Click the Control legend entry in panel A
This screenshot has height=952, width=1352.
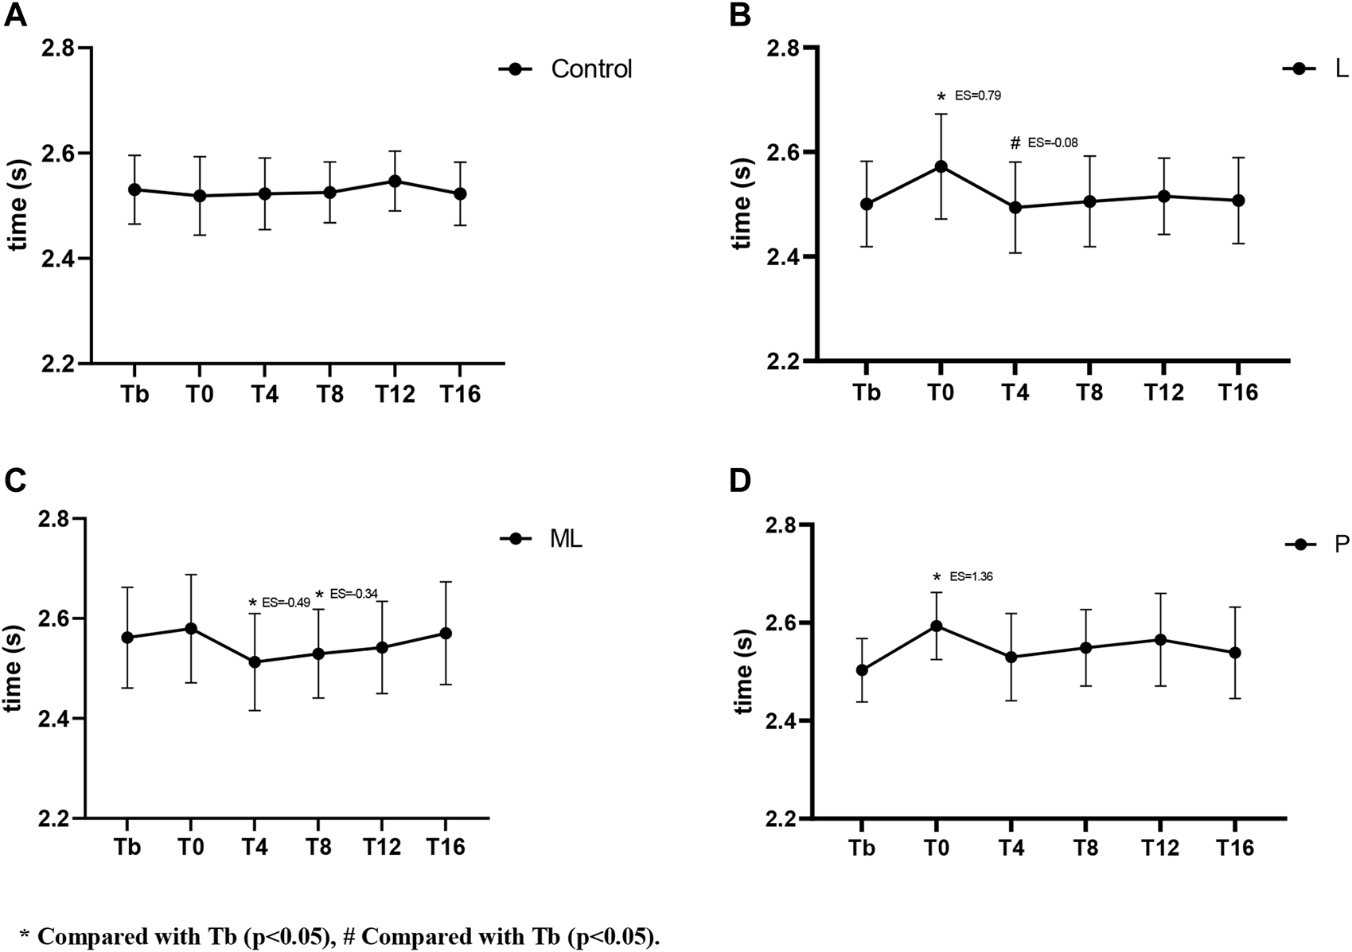point(591,69)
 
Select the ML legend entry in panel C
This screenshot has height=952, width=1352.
point(566,539)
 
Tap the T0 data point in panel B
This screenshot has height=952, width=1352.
point(941,166)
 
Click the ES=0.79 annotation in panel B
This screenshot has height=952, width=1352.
point(977,96)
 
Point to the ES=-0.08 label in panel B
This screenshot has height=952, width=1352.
point(1053,143)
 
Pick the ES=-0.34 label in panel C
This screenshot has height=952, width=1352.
point(353,594)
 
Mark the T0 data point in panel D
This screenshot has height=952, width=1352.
point(937,626)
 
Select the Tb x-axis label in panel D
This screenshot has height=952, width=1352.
point(862,849)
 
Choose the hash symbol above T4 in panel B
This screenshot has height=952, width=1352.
point(1015,143)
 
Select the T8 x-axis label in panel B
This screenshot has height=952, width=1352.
point(1089,393)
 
